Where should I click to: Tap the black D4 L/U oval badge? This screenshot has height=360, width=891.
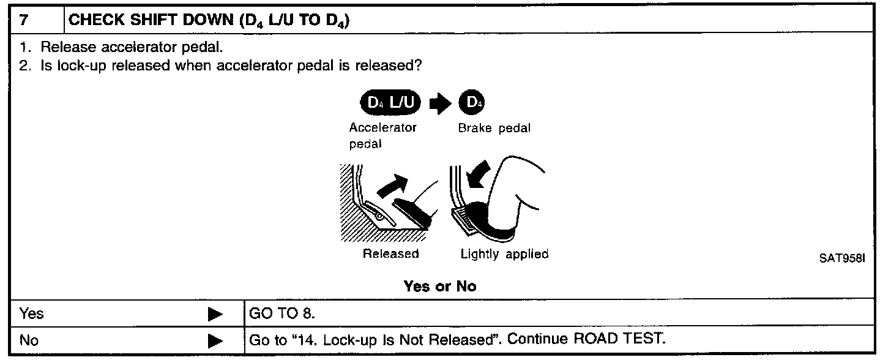(390, 106)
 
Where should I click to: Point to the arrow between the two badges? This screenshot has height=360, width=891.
(439, 106)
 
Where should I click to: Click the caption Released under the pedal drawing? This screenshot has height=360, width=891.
(390, 254)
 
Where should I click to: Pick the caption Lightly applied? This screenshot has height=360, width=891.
(504, 254)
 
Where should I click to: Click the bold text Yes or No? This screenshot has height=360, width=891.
(439, 286)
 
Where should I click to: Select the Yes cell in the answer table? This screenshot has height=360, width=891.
(32, 314)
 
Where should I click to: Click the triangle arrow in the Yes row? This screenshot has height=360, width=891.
(215, 315)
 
